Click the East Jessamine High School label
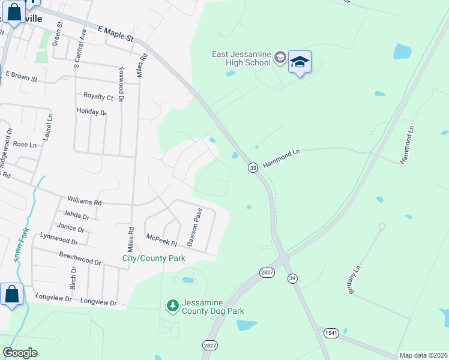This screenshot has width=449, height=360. [x=242, y=58]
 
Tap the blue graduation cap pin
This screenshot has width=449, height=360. [x=300, y=62]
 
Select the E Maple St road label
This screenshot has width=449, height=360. [x=116, y=33]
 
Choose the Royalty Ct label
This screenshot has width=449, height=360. [x=98, y=97]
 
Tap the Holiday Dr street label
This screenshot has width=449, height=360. [x=91, y=112]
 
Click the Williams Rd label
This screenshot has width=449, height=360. [x=85, y=202]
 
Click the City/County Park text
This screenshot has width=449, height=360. [x=154, y=258]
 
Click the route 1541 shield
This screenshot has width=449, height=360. [x=331, y=333]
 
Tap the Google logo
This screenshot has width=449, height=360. [x=20, y=353]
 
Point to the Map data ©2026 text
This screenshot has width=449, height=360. [x=423, y=355]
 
